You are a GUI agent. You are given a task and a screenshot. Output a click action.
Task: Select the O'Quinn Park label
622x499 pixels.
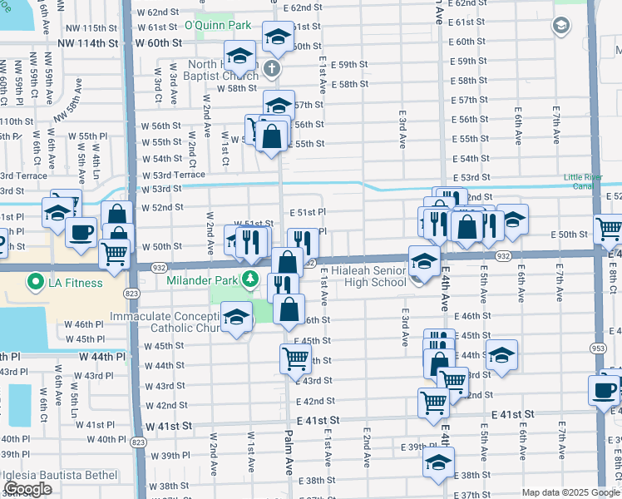coord(217,26)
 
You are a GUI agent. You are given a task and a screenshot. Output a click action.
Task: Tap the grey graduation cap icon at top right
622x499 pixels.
coord(561,26)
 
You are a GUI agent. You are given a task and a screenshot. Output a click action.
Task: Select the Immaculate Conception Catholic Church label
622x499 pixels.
coord(170,323)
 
